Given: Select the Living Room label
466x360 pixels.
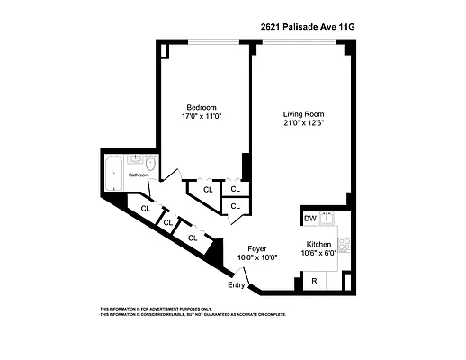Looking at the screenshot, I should coord(303,114).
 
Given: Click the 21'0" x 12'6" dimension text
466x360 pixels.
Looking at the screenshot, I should coord(303,124).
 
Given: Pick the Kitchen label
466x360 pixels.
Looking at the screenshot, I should coord(319,244).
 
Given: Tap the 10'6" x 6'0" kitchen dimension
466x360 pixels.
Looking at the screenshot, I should coord(319,254).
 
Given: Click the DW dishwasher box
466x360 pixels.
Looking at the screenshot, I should coord(309,218).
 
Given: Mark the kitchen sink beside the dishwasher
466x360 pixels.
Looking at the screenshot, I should coord(328,217).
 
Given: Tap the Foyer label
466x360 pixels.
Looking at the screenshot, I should coord(257,247).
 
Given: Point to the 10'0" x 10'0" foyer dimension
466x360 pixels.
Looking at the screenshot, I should coord(257,257).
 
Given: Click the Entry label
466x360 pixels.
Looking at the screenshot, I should coord(236,285).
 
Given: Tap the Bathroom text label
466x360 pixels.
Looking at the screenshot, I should coord(138,175).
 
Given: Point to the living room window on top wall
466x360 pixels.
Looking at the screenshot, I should coord(299,41).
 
